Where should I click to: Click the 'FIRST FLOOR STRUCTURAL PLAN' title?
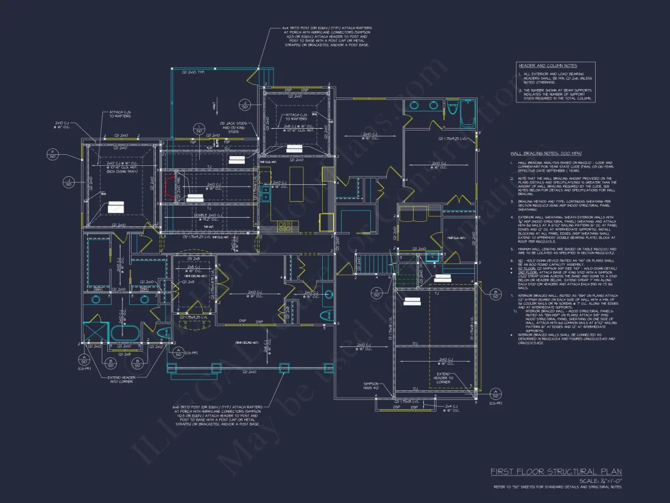(556, 471)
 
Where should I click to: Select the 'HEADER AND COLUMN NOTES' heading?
(548, 65)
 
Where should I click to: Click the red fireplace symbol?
(171, 185)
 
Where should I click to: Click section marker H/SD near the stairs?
(377, 292)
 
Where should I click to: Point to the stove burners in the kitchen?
(284, 227)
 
